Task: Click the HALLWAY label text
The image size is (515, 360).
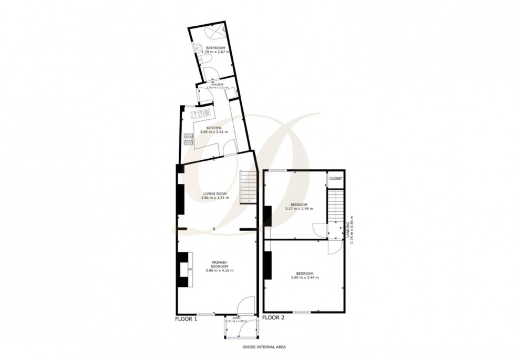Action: tap(217, 84)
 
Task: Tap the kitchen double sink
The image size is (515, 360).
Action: tap(200, 112)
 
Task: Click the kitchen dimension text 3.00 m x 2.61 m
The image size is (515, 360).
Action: tap(214, 132)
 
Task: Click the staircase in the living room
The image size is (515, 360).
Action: tap(248, 187)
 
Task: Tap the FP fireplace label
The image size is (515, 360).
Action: tap(190, 270)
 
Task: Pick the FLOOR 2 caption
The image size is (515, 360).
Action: tap(273, 317)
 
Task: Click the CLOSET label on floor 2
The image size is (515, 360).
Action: tap(336, 179)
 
